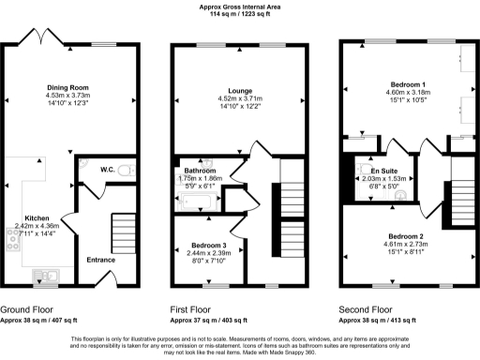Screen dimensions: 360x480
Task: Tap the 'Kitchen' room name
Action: tap(37, 217)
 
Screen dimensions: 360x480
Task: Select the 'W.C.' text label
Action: tap(107, 170)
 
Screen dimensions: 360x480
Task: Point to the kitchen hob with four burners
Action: tap(15, 240)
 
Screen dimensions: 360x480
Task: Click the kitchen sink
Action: tap(44, 275)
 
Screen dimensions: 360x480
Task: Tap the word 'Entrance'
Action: tap(99, 259)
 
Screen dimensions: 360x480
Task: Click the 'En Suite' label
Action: tap(382, 170)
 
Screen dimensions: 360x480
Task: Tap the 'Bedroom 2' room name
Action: tap(406, 236)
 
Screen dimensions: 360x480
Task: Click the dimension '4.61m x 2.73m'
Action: tap(406, 245)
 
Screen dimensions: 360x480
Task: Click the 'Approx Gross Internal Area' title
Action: tap(240, 7)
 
